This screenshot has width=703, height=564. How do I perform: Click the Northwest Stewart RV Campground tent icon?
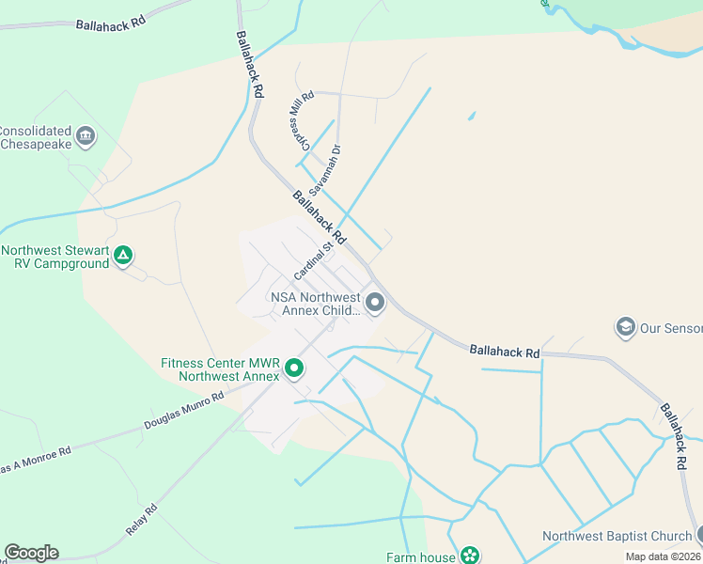(123, 256)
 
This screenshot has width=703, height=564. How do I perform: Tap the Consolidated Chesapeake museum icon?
(86, 136)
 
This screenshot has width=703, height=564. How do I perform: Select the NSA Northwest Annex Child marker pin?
(375, 302)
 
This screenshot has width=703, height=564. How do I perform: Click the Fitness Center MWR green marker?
(294, 368)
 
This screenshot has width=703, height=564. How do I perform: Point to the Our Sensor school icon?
(625, 327)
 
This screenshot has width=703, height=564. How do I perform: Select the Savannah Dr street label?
(329, 169)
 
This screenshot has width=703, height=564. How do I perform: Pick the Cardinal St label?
(313, 262)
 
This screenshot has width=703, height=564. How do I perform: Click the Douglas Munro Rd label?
(184, 412)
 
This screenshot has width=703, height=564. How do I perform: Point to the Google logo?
(31, 553)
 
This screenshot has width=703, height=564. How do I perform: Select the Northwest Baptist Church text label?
(617, 537)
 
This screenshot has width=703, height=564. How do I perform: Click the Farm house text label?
(420, 556)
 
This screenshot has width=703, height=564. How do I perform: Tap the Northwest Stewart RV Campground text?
(55, 257)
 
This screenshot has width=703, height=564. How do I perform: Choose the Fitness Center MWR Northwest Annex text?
(220, 369)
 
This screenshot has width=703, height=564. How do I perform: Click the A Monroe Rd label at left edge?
(36, 460)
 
